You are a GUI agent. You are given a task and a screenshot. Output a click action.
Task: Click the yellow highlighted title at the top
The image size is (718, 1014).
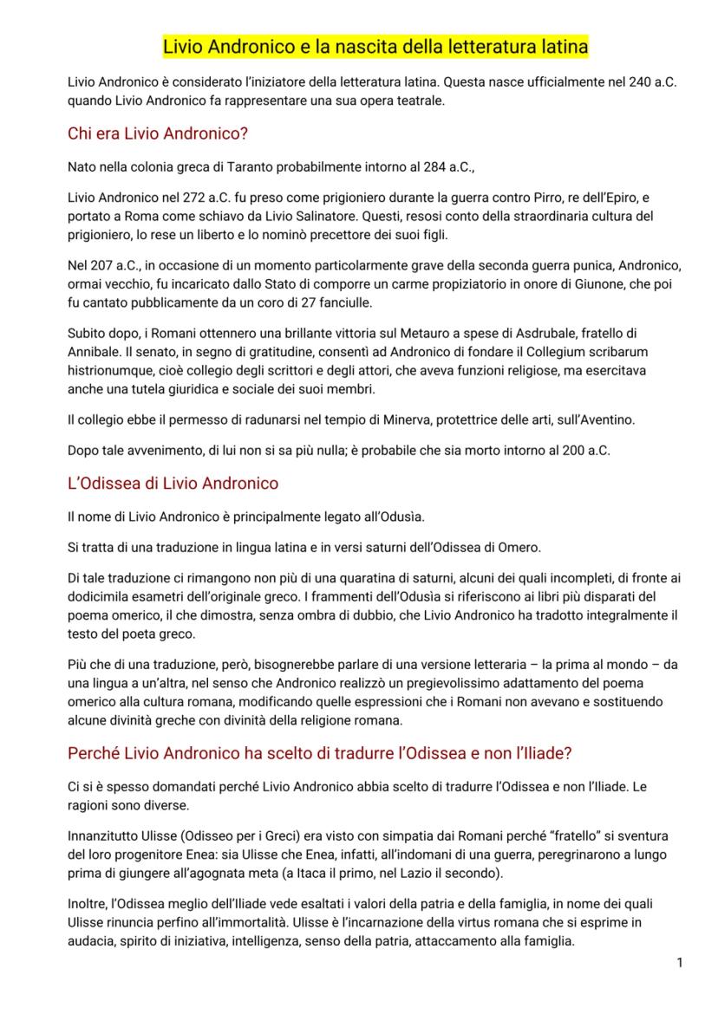click(375, 45)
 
